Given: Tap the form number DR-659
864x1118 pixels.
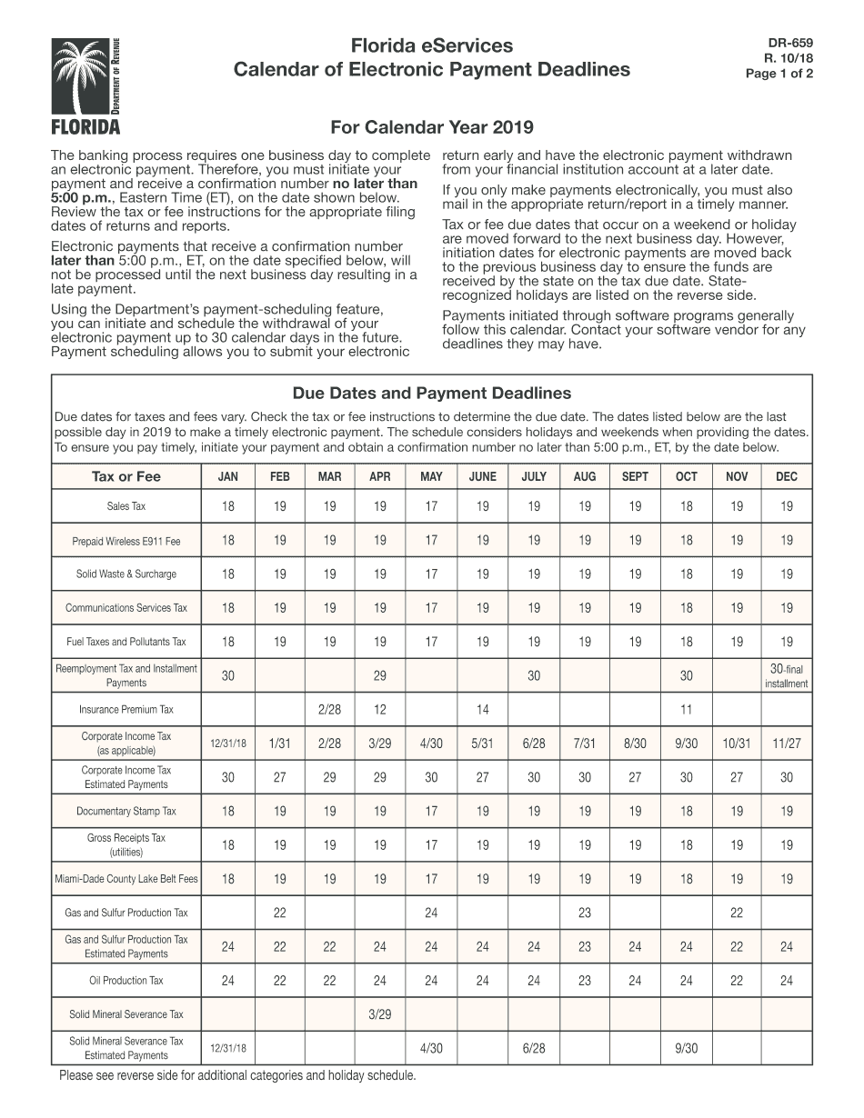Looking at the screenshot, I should [790, 42].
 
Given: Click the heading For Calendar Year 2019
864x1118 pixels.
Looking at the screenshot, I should [431, 127].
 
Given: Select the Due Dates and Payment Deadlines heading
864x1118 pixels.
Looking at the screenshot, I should [431, 394].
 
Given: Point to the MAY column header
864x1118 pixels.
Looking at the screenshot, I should [431, 477].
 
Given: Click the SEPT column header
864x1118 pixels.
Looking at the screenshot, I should [635, 477].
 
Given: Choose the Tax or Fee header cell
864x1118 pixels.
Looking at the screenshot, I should [126, 477].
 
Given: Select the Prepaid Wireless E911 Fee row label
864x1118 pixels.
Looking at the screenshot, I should [126, 541].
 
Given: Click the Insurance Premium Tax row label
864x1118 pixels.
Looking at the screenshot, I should [126, 709].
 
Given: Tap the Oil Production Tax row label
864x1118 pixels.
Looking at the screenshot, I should [126, 981].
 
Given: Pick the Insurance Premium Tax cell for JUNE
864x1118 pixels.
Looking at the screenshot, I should [482, 709].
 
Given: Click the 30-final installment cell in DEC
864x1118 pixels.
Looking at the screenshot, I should [786, 676].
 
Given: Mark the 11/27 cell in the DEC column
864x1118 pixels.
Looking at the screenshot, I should [786, 744].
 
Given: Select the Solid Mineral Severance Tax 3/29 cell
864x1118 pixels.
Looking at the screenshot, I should [380, 1014].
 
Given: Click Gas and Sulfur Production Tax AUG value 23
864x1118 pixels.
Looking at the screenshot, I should [585, 913].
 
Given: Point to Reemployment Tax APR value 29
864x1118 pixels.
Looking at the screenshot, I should [380, 676].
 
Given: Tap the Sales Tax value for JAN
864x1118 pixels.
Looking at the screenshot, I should [227, 506].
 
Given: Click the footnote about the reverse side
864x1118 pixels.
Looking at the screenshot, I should [237, 1076].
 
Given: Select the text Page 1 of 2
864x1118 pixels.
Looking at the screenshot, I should [779, 75].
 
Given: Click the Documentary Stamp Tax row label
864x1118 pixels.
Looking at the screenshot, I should [126, 811].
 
